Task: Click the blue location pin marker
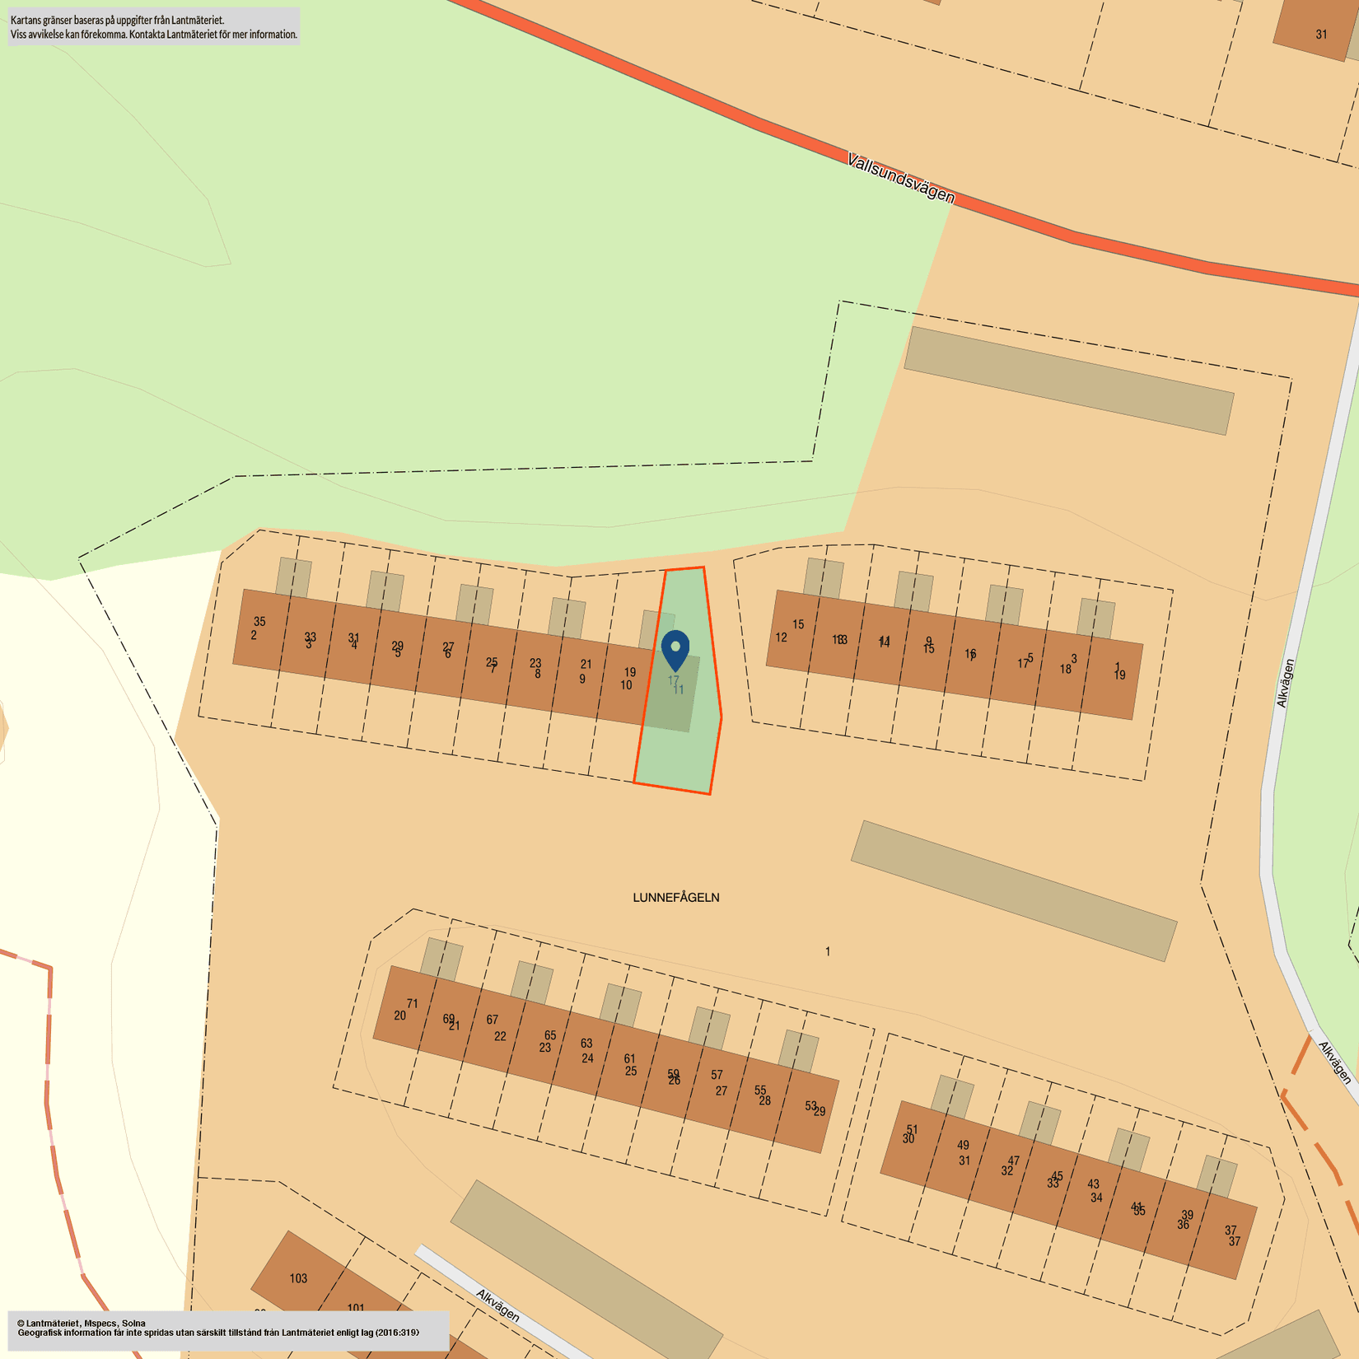675,650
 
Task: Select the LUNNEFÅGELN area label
675,898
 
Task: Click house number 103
298,1278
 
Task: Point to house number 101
356,1308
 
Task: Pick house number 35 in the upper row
259,622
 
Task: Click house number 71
413,1003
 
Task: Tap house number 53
810,1106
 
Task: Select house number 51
912,1130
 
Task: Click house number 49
963,1145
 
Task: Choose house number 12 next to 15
781,637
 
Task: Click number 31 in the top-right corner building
1321,35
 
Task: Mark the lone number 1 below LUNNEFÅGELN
828,952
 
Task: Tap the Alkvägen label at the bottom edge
497,1306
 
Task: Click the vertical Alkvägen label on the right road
1285,684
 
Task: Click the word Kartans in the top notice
25,20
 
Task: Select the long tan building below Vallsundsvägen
1068,381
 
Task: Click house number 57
717,1075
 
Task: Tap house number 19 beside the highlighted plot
629,672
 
